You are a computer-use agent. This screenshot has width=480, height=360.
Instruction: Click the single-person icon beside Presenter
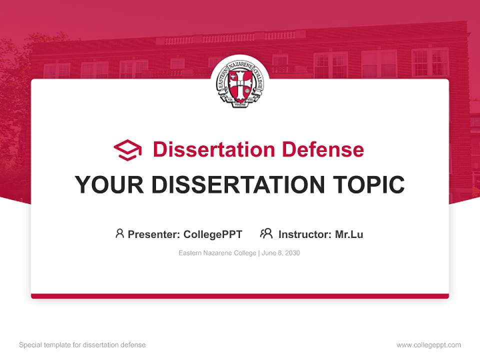119,233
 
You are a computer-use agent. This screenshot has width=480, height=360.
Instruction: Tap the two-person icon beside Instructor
266,233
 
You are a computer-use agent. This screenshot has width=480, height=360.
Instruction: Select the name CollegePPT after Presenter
213,234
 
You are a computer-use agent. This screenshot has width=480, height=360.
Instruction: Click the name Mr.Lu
349,234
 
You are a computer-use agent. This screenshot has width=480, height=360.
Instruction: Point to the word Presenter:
154,234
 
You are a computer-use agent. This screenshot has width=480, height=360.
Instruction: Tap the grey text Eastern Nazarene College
217,253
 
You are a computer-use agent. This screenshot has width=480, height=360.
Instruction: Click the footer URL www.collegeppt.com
428,345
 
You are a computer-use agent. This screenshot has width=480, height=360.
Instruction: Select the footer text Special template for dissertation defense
82,345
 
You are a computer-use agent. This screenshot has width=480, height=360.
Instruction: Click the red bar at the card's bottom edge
240,296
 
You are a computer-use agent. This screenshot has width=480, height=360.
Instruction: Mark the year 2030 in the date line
292,253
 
